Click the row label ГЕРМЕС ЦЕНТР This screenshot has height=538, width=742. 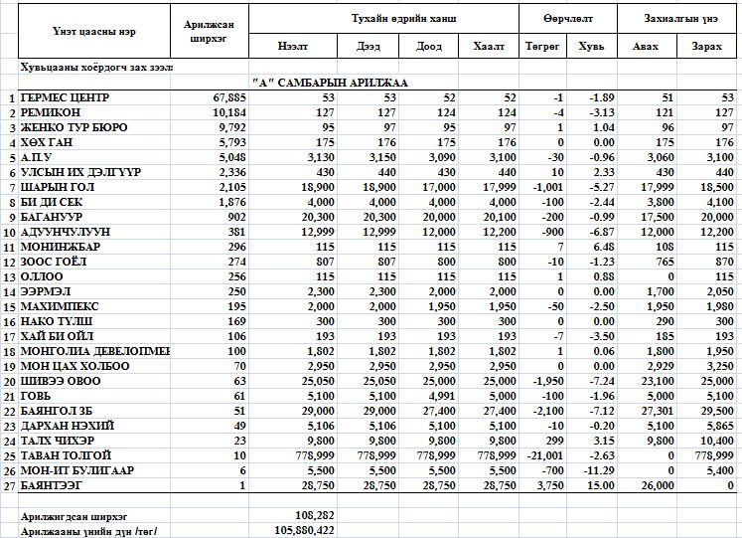point(65,97)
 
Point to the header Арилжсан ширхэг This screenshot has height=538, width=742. point(210,32)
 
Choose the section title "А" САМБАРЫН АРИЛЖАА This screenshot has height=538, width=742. point(331,83)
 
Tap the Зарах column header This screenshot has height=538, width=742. point(707,47)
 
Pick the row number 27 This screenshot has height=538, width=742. point(10,484)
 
